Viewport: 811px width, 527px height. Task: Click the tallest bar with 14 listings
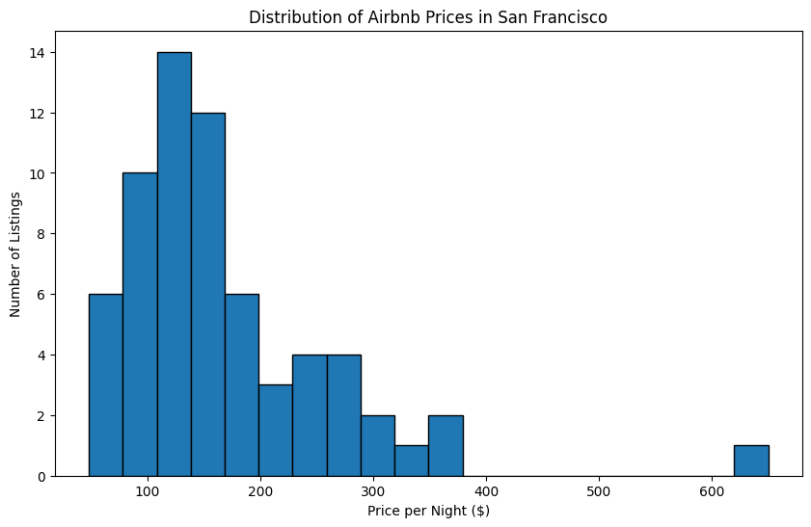tap(174, 264)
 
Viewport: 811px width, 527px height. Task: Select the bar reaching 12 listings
tap(207, 294)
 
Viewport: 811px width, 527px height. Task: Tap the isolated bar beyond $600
tap(751, 461)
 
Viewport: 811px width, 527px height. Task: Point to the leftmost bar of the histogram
tap(105, 385)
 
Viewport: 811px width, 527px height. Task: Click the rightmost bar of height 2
tap(446, 446)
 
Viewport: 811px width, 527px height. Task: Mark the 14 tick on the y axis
tap(37, 52)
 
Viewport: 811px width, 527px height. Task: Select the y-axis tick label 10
tap(37, 173)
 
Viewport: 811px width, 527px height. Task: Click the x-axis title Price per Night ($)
tap(428, 511)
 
